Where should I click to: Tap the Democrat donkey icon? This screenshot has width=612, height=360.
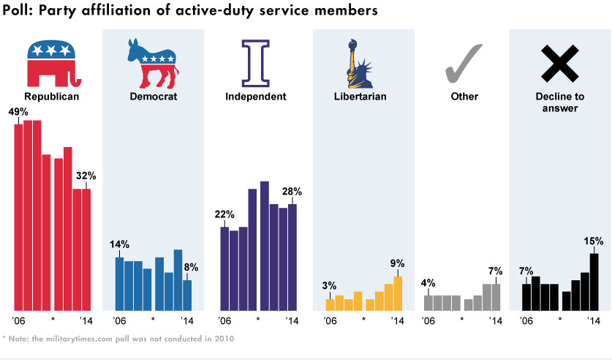pos(153,64)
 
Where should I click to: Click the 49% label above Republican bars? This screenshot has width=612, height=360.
pos(18,112)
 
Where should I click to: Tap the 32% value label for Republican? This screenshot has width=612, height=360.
pos(86,176)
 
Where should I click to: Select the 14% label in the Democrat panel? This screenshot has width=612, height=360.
pos(119,244)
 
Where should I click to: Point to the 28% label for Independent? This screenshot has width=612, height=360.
pos(292,192)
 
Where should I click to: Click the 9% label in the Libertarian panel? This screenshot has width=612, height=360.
pos(398,263)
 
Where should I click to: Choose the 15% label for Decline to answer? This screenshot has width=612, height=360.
pos(593,241)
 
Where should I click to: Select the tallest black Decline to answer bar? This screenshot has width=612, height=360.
pos(594,282)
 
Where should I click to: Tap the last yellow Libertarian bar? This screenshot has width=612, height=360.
pos(398,293)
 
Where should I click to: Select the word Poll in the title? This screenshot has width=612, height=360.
pos(17,11)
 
